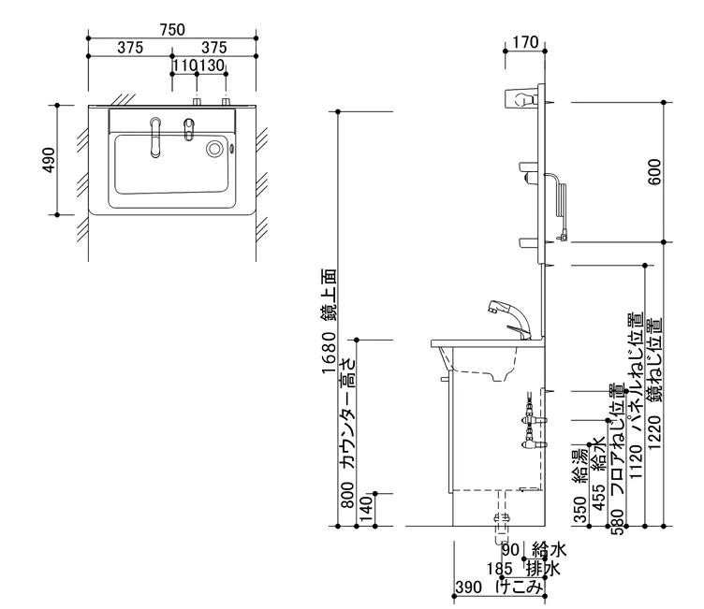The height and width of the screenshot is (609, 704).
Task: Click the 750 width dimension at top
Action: click(172, 30)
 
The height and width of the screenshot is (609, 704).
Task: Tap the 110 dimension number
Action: click(184, 65)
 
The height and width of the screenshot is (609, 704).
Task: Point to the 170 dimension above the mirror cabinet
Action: click(528, 42)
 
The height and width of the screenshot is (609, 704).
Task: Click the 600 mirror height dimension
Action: click(654, 170)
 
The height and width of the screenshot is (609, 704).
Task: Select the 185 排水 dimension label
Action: click(523, 569)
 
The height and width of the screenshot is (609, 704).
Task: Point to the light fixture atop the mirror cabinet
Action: click(521, 96)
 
